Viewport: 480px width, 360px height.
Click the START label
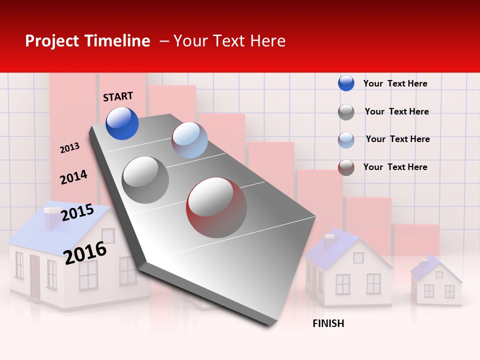118,96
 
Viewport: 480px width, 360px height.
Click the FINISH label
328,323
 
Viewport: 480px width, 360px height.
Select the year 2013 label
70,147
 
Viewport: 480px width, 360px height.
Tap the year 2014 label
73,177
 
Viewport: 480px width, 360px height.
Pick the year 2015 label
77,212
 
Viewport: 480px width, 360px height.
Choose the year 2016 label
85,252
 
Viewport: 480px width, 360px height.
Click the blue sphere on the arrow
122,123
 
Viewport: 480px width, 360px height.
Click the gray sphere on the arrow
145,179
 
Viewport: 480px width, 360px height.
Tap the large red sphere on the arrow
216,207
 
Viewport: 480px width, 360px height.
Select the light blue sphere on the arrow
189,140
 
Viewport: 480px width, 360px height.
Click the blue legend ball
346,83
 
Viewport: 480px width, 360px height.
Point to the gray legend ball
346,112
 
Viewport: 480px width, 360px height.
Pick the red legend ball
346,167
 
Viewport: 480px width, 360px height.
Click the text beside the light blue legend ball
397,139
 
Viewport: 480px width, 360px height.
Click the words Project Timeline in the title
87,41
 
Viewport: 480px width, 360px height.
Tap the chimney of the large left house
52,219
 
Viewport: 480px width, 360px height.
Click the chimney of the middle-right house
329,240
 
